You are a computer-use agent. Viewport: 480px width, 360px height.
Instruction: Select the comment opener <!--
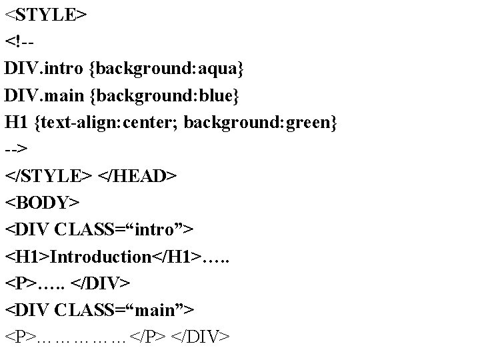(20, 41)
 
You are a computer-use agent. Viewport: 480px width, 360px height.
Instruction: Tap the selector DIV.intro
(44, 68)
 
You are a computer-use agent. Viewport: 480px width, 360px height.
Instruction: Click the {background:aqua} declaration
(168, 68)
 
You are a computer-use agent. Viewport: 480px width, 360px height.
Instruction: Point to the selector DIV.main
(44, 95)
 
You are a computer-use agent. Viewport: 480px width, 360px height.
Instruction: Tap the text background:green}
(261, 123)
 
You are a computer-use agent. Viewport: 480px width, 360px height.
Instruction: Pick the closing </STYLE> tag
(49, 177)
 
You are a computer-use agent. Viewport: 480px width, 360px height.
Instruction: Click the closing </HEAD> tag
(137, 177)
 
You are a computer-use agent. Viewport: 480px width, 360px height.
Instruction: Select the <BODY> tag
(42, 202)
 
